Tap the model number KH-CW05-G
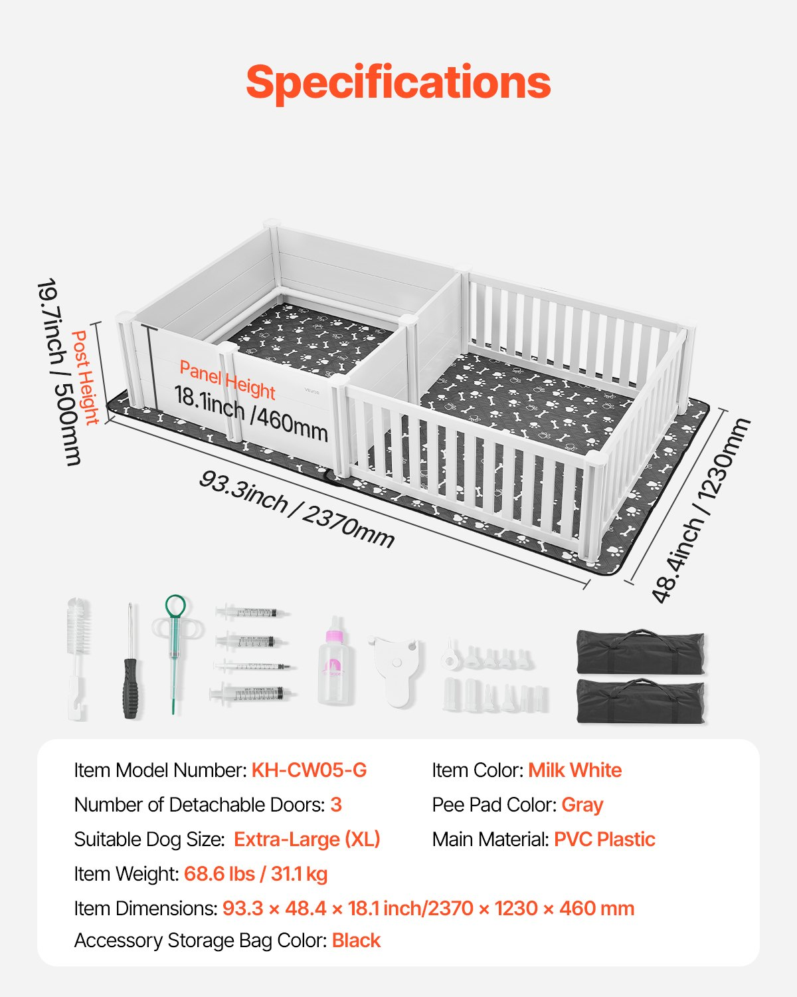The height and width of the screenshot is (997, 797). click(x=309, y=770)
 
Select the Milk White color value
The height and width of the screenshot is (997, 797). click(x=575, y=770)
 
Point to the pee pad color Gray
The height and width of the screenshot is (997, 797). click(x=582, y=805)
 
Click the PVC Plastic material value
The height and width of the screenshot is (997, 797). click(x=605, y=839)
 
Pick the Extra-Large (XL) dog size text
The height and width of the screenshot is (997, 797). click(x=307, y=839)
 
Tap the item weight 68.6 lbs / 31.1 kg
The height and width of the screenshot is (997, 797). click(x=256, y=874)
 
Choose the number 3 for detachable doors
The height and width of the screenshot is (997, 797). click(x=336, y=805)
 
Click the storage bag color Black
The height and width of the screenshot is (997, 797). click(x=356, y=941)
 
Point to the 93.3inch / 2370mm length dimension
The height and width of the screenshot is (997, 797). click(x=296, y=509)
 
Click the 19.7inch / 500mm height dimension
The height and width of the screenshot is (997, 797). click(x=59, y=372)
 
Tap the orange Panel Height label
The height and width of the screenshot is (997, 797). click(x=227, y=380)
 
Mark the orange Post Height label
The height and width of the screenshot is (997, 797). click(x=85, y=377)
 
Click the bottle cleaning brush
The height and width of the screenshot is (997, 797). click(x=78, y=659)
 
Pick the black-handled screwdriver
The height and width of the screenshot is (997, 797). click(x=131, y=661)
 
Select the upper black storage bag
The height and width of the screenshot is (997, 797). click(x=641, y=651)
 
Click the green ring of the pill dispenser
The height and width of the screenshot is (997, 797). click(x=175, y=606)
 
